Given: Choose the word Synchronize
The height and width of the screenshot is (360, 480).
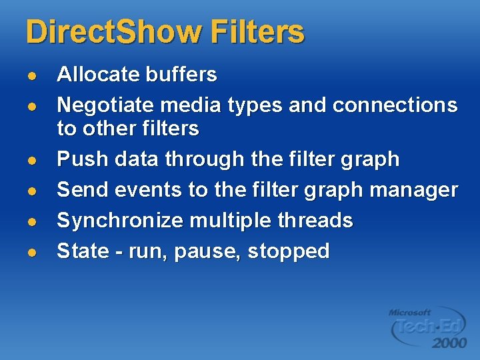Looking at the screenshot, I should pos(119,221).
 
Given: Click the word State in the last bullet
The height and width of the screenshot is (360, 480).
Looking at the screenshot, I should pos(81,251).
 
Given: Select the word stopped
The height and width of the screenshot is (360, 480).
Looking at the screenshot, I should pos(288,251).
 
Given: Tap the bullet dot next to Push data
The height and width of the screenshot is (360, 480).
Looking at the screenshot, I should pos(31,161).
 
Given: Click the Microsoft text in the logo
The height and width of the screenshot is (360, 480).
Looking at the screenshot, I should pos(410,312).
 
